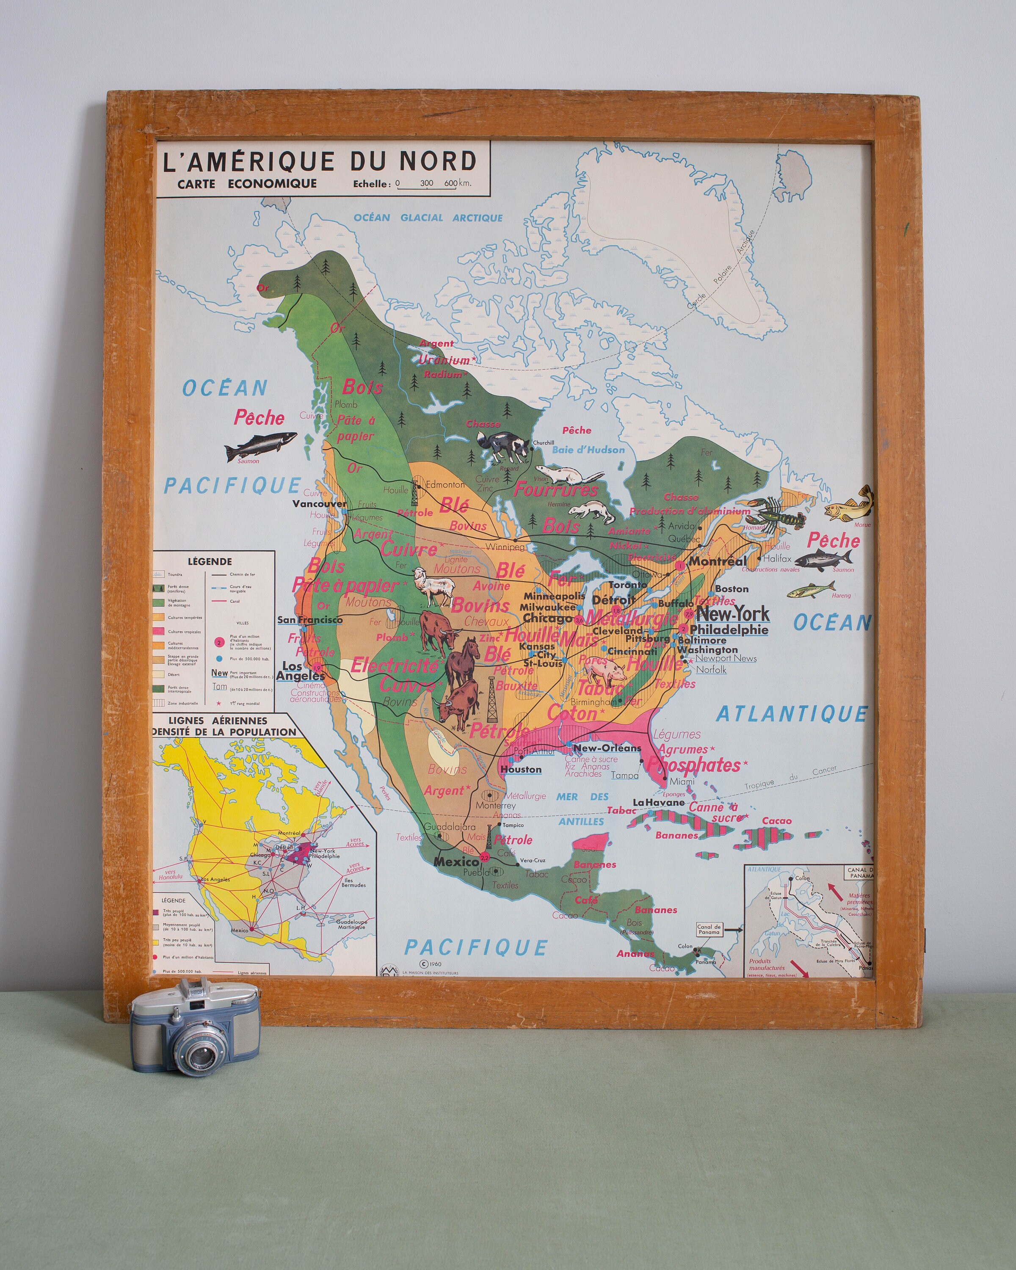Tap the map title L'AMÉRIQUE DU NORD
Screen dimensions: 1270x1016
319,161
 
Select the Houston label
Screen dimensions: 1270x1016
521,769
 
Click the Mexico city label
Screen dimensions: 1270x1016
456,861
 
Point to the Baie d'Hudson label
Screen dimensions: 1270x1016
588,450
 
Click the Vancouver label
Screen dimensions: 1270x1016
320,504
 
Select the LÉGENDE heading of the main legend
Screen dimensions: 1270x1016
210,561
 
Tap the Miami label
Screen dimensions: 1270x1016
682,781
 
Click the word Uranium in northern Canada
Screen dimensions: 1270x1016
444,359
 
